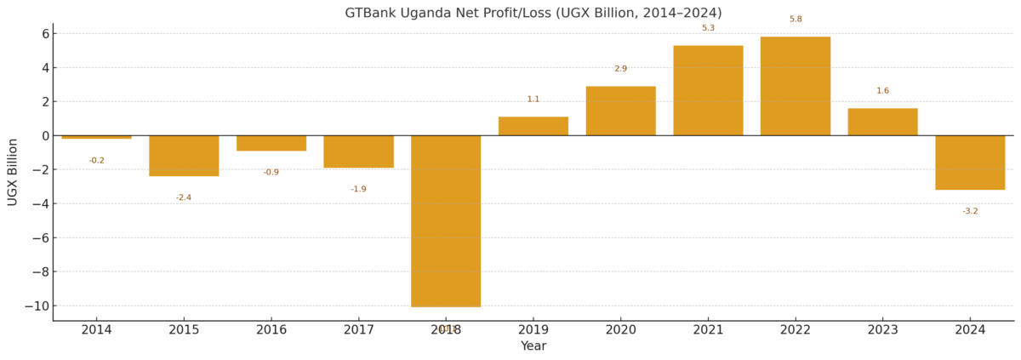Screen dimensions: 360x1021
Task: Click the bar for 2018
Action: (x=446, y=220)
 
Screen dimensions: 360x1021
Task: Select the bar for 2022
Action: (x=796, y=86)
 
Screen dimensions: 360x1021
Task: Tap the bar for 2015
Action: (x=184, y=156)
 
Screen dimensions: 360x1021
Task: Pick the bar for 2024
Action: (x=970, y=163)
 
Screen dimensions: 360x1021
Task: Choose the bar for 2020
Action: (x=620, y=111)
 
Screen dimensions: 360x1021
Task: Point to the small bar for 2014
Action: (x=96, y=137)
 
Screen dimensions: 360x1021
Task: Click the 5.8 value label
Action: (x=796, y=20)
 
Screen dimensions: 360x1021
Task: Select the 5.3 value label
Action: (x=708, y=28)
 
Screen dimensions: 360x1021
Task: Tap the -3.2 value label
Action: (x=970, y=211)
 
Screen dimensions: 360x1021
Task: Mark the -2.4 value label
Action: (x=184, y=197)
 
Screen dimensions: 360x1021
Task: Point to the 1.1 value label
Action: (x=533, y=100)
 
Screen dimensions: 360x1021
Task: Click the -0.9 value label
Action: (x=271, y=173)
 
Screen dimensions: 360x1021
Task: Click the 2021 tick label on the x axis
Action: (x=708, y=329)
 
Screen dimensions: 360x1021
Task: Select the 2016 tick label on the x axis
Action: (x=271, y=329)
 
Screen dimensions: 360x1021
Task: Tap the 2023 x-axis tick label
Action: (x=882, y=329)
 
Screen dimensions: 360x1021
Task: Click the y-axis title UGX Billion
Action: (x=13, y=172)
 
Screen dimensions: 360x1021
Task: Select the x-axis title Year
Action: (x=533, y=346)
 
